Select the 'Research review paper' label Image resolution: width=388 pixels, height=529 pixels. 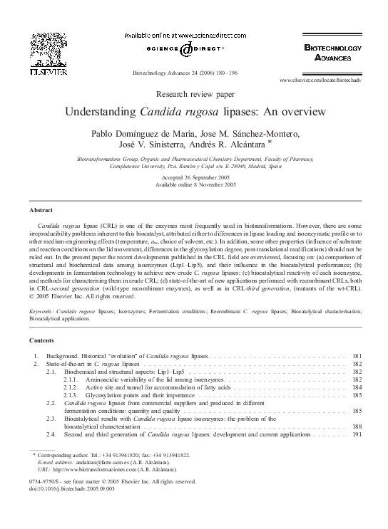pyautogui.click(x=194, y=93)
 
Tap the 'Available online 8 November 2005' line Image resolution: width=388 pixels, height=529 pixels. pyautogui.click(x=193, y=185)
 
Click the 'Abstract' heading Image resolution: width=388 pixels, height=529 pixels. pyautogui.click(x=40, y=211)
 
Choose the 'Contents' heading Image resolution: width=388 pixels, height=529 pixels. pyautogui.click(x=41, y=341)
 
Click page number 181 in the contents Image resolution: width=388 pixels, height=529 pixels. pyautogui.click(x=357, y=355)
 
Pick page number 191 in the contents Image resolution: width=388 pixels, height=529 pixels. pyautogui.click(x=357, y=434)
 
